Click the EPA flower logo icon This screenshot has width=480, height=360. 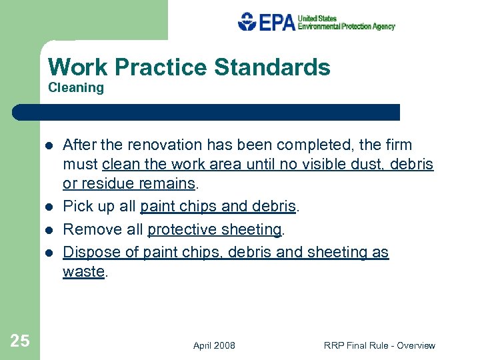pos(247,22)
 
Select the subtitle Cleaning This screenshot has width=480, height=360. pos(76,88)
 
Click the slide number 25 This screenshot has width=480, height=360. pos(20,341)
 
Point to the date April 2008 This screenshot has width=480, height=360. pos(214,345)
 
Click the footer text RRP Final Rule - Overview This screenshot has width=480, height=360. pos(379,345)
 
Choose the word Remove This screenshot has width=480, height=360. pos(87,229)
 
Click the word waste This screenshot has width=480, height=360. pos(83,271)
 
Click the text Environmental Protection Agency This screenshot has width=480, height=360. pos(346,27)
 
